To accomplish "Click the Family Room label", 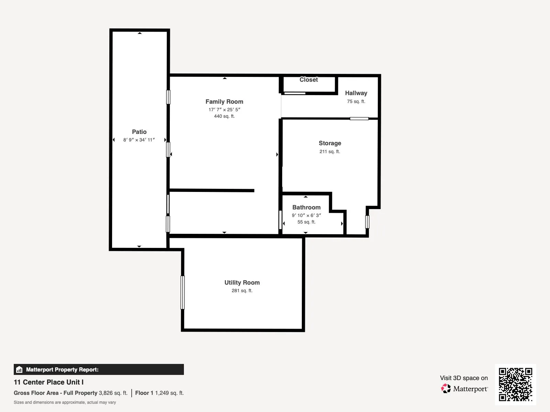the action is pos(224,102).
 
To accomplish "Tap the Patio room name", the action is pos(139,132).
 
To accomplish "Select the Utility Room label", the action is pos(242,283).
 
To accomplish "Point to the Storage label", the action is pos(330,143).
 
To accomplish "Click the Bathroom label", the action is pos(306,207).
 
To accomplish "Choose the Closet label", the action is pos(309,80).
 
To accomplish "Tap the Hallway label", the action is pos(356,93).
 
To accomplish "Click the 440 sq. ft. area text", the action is pos(224,116).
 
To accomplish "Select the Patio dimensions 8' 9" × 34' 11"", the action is pos(139,140).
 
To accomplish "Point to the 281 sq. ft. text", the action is pos(242,290).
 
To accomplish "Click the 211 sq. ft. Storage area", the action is pos(330,151).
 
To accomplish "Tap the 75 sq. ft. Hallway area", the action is pos(356,101).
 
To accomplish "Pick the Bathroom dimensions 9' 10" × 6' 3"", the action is pos(306,215).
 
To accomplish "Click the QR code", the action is pos(515,384).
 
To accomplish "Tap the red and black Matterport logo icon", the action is pos(446,389).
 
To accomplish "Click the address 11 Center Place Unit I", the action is pos(48,382).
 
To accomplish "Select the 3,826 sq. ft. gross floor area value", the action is pos(113,393).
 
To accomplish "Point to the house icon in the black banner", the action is pos(19,369).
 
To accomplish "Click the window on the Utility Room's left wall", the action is pos(183,293).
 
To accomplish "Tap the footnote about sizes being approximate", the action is pos(65,402).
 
